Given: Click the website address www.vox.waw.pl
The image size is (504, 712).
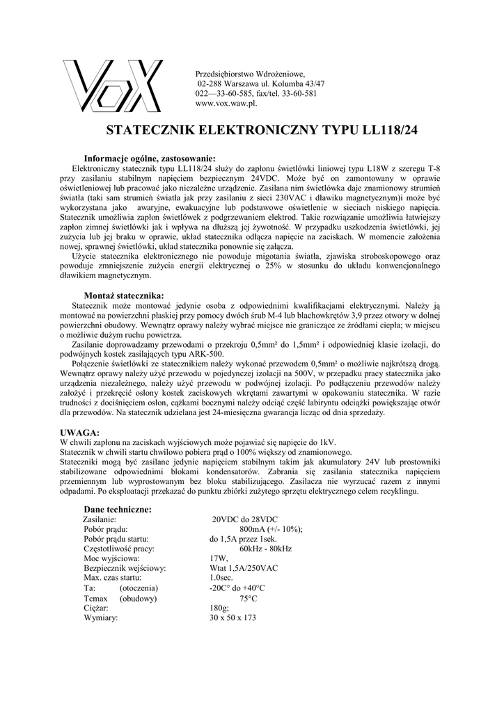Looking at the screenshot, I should point(227,103).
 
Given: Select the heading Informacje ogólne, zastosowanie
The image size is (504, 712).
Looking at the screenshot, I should point(150,157).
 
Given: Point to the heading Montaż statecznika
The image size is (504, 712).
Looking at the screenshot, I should point(124,295).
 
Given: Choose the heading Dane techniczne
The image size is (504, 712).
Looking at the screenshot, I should point(122,510).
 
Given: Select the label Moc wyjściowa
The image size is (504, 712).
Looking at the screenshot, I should point(111,558).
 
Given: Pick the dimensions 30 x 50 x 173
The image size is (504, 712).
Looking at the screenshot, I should point(233,617).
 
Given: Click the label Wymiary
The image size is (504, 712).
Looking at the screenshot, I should point(101,617).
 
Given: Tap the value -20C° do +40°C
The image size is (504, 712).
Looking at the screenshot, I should point(237,588).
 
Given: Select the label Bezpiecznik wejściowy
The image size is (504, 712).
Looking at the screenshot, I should point(124,568).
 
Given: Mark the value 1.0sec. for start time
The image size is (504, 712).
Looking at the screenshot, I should point(221,578).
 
